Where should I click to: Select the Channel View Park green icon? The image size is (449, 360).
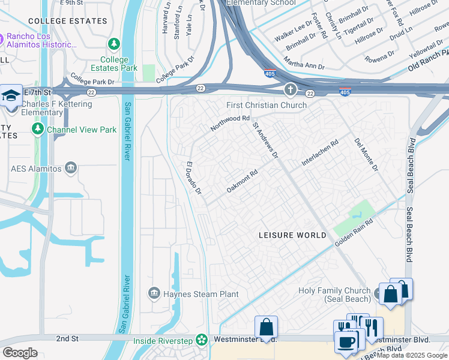coord(38,129)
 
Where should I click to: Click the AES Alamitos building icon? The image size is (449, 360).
coord(71,167)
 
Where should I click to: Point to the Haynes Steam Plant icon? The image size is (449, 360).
coord(154,293)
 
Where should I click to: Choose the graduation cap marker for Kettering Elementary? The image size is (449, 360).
coord(11,96)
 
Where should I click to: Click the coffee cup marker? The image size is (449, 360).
coord(346,342)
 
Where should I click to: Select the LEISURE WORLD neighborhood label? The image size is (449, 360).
coord(293,235)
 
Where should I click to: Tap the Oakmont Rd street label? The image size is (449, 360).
coord(242,181)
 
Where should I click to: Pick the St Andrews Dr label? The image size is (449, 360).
coord(265,141)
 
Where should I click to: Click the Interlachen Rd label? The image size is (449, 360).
coord(321,155)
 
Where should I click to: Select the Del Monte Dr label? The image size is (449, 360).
coord(366,155)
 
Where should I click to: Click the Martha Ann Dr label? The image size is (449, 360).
coord(304,66)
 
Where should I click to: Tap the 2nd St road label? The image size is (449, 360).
coord(67,339)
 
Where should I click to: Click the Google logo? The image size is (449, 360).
coord(20,352)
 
